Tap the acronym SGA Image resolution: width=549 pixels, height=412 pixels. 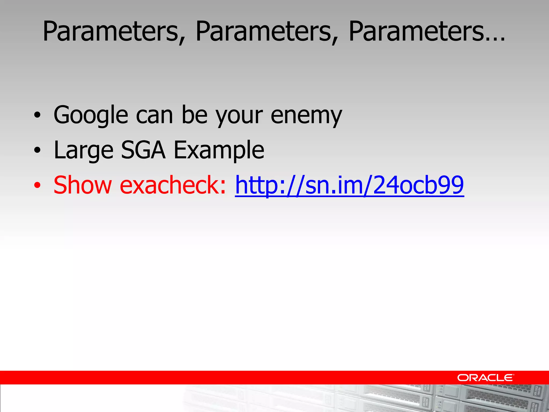coord(143,150)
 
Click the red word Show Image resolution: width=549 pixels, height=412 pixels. coord(83,185)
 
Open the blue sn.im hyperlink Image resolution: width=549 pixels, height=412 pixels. coord(349,185)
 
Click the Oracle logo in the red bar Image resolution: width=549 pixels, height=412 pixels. coord(485,378)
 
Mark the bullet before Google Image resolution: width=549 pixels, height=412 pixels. coord(38,116)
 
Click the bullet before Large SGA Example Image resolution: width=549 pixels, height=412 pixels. coord(38,151)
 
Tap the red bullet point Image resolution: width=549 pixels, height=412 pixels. coord(38,185)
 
